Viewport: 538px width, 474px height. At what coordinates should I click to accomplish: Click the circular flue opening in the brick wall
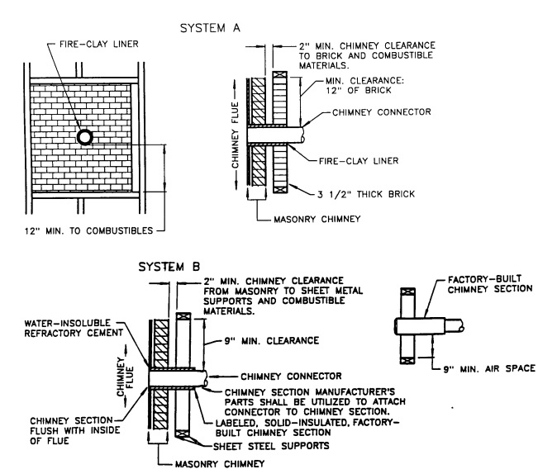pyautogui.click(x=83, y=137)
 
